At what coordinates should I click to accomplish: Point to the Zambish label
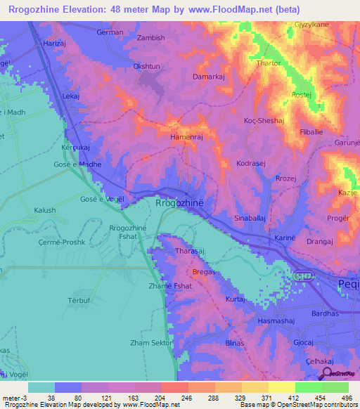click(x=150, y=37)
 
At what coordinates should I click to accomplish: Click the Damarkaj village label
click(x=209, y=75)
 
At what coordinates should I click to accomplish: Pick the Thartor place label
click(x=269, y=63)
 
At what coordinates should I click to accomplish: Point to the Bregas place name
click(x=203, y=271)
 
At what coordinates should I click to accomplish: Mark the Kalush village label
click(x=44, y=210)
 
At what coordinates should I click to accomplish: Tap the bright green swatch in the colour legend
click(x=308, y=387)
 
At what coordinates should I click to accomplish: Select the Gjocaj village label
click(x=303, y=342)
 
